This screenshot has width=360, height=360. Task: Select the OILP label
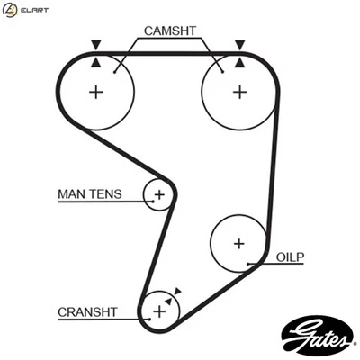291,256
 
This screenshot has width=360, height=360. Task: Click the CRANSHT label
87,312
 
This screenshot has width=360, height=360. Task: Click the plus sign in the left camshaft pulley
96,92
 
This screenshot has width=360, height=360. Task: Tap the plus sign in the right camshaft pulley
238,92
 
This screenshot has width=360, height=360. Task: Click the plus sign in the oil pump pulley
238,243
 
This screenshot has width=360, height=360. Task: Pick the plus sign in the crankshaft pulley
159,311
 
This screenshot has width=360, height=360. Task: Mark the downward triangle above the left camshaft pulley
96,44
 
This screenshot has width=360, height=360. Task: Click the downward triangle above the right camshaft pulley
239,44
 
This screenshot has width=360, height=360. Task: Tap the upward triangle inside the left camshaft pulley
96,61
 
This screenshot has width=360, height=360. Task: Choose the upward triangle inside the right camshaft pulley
239,61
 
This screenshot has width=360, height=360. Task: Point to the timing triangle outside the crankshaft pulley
178,291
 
